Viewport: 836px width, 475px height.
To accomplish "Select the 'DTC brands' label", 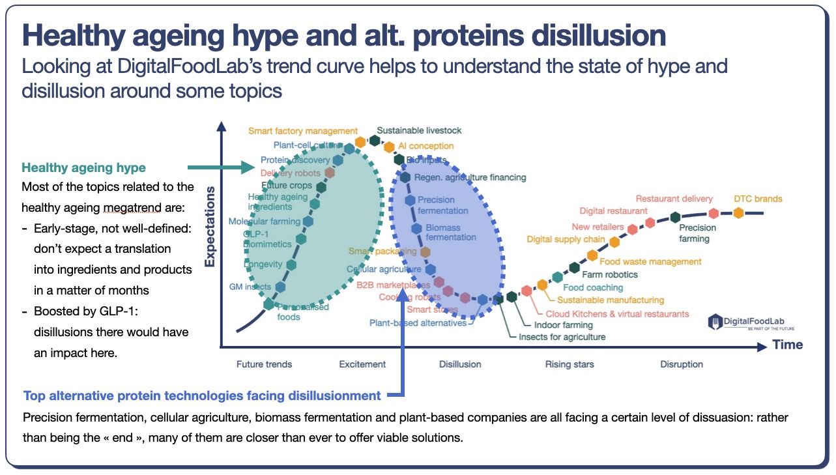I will coord(758,199).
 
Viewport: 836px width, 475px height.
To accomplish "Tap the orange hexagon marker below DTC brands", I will coord(738,213).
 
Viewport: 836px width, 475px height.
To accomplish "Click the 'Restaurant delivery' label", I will coord(674,199).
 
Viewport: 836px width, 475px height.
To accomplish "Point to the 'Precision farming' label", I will coord(697,233).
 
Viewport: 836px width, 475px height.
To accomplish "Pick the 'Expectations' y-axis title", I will coord(210,227).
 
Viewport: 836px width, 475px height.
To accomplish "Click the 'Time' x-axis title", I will coord(787,345).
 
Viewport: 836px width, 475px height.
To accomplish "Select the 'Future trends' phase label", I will coord(264,364).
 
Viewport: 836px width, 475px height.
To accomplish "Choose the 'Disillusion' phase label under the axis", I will coord(460,364).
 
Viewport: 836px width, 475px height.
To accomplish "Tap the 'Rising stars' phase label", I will coord(569,364).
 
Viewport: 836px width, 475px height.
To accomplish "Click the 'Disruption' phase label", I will coord(682,364).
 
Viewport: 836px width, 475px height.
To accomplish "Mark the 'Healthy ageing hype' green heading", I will coord(83,168).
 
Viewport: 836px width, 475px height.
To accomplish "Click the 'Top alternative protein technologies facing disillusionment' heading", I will coord(202,396).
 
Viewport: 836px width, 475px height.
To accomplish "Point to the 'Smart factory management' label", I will coord(303,131).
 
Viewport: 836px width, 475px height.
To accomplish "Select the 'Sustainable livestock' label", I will coord(419,130).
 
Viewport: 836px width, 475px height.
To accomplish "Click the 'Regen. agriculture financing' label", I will coord(470,177).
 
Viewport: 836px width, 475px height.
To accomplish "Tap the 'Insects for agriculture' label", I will coord(562,337).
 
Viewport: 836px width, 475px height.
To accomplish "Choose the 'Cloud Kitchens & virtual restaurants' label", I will coord(617,314).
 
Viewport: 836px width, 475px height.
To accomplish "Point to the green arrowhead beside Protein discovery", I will coord(247,167).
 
